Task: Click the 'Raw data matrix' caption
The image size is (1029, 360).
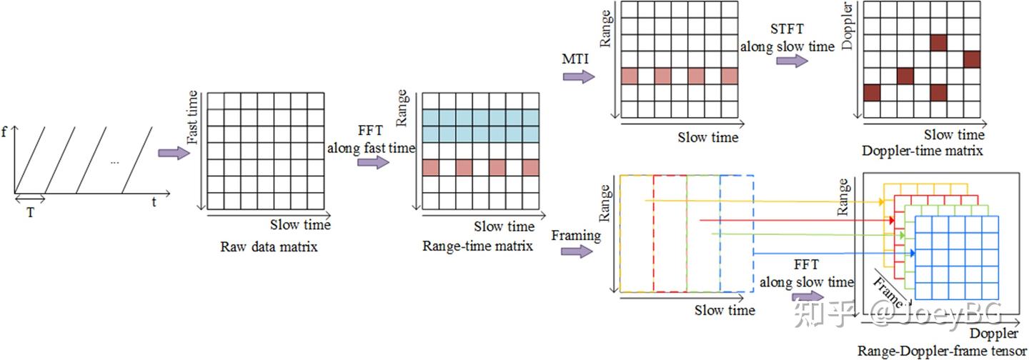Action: click(269, 247)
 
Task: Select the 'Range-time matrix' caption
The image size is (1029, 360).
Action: click(477, 246)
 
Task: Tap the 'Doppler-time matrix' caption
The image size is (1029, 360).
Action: click(923, 151)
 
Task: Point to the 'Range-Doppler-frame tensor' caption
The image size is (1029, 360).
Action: click(942, 351)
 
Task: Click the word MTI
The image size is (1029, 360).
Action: click(575, 59)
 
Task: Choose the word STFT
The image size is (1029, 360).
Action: click(787, 29)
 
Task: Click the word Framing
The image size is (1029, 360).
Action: click(576, 236)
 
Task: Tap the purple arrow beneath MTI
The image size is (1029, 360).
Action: click(579, 76)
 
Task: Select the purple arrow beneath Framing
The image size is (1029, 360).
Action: click(577, 251)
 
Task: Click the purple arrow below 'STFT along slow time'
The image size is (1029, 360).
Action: click(792, 61)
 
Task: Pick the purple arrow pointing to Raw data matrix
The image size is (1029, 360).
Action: click(174, 153)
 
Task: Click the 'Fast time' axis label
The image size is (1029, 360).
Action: click(192, 117)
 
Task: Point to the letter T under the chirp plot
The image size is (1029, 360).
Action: click(30, 213)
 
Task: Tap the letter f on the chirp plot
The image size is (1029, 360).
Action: click(4, 132)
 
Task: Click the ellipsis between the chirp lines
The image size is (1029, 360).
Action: click(115, 162)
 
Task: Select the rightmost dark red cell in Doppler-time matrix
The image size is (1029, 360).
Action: click(972, 59)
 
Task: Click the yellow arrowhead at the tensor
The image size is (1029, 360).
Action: click(882, 201)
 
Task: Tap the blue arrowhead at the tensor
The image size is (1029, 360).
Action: click(913, 254)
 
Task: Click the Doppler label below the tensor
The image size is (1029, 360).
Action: click(993, 334)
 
